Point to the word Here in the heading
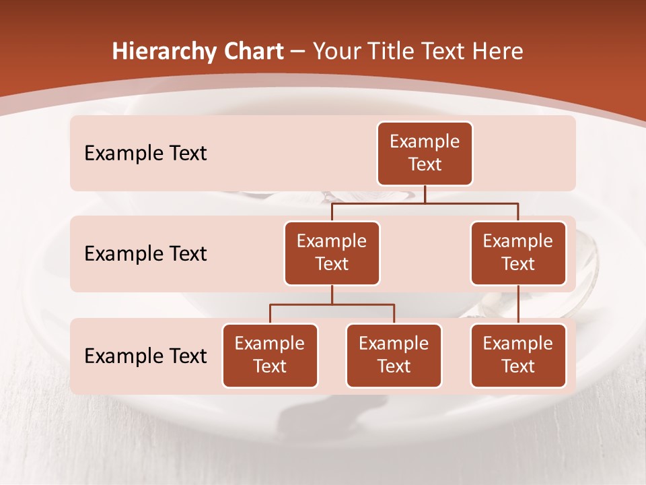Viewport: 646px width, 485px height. [x=496, y=51]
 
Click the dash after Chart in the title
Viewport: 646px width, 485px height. [x=298, y=52]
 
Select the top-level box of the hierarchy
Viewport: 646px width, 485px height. [x=425, y=153]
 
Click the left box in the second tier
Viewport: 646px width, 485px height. [x=332, y=253]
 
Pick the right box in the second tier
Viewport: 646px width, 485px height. [x=518, y=253]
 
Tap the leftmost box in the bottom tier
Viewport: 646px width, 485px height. [x=270, y=355]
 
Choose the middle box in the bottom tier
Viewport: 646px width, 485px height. [x=394, y=355]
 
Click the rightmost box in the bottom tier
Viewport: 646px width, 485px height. [x=518, y=355]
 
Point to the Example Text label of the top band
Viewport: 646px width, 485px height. [x=145, y=153]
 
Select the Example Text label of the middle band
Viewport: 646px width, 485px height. [x=145, y=253]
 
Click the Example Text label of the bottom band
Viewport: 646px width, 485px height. [x=145, y=355]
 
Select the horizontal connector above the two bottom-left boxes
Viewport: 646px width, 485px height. [x=332, y=304]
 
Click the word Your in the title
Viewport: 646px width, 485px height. [x=335, y=51]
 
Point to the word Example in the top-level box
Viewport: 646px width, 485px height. [x=425, y=141]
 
